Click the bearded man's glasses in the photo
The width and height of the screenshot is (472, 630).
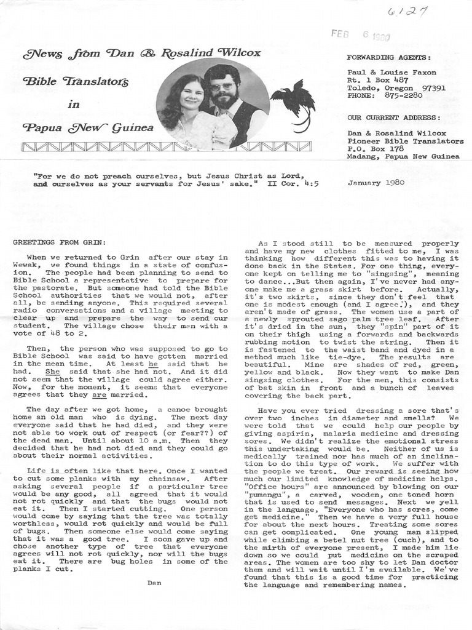click(222, 86)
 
